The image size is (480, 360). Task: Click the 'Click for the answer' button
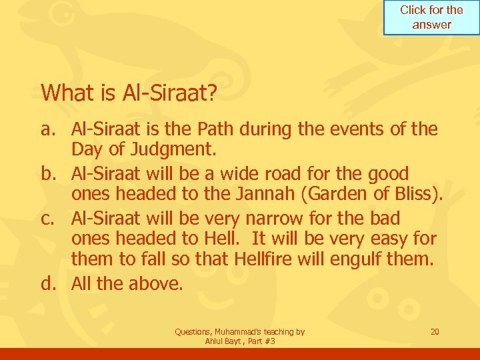click(431, 17)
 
